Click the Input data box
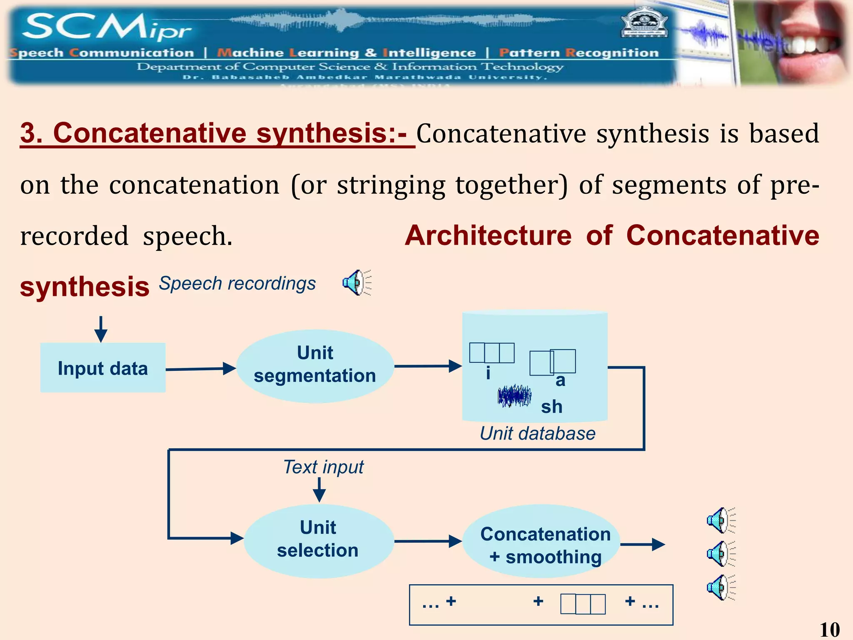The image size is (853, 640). (103, 368)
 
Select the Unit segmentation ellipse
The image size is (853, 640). (315, 366)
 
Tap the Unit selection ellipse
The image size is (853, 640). (319, 540)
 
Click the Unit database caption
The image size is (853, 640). (537, 434)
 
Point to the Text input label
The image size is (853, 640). (323, 467)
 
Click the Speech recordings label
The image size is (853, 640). (237, 284)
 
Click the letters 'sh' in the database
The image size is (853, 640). (551, 407)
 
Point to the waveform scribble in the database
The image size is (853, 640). (514, 396)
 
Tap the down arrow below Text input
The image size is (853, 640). (319, 490)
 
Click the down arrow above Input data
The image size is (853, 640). (101, 329)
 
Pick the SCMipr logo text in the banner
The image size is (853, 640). (106, 27)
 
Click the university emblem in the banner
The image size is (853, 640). (644, 23)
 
